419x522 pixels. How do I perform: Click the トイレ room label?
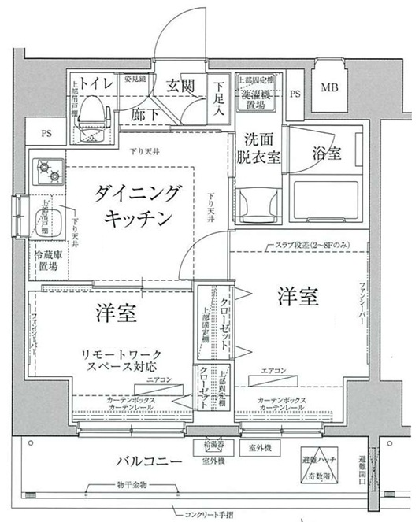[94, 82]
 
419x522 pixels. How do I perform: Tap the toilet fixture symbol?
[92, 109]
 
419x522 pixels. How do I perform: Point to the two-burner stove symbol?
[46, 168]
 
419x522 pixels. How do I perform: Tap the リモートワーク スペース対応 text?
[118, 361]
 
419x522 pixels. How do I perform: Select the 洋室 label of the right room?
[298, 298]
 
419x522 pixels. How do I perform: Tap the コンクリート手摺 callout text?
[213, 515]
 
